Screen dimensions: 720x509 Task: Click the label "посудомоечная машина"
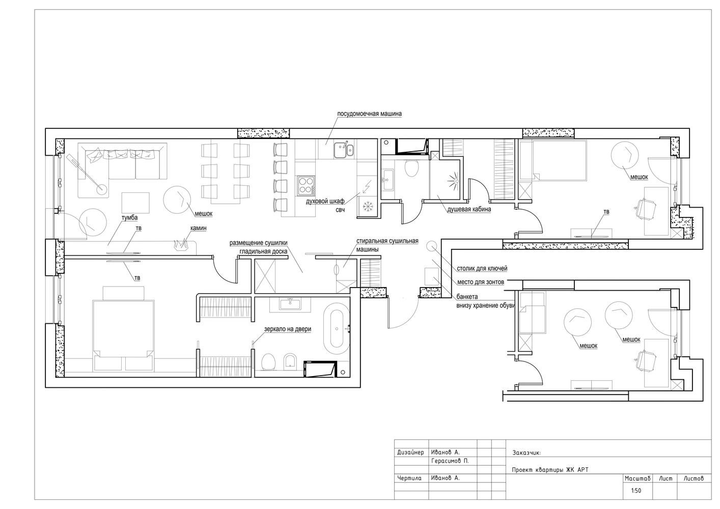369,114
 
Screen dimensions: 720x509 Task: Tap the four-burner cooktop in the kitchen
306,185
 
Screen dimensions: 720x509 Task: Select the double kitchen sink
344,150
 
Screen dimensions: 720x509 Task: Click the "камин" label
198,228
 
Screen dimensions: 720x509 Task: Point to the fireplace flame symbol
181,244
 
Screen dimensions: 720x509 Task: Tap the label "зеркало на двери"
288,329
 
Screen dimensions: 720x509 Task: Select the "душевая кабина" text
469,210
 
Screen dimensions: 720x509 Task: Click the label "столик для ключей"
482,268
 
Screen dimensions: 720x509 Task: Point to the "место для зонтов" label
481,282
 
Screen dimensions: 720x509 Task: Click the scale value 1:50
636,491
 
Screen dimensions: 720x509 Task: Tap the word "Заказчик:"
527,453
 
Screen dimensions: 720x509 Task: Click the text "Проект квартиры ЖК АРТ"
550,470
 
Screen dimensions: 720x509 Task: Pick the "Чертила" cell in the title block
409,478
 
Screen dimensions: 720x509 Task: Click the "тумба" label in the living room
129,217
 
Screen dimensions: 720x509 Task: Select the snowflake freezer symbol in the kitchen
366,206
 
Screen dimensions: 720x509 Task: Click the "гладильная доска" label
264,251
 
